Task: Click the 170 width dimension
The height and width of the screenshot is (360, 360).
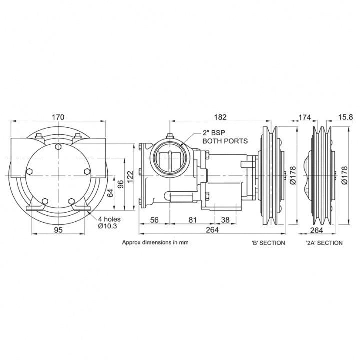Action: click(58, 117)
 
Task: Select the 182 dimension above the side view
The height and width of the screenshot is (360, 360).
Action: click(220, 117)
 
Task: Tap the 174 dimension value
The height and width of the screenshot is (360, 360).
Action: click(304, 117)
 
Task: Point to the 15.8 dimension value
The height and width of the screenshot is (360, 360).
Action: click(345, 117)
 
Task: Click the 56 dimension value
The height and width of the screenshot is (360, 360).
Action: click(154, 219)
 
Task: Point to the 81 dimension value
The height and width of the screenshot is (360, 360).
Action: click(192, 219)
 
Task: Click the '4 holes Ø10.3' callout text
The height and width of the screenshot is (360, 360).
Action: click(108, 223)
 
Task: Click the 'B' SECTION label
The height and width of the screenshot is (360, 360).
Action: click(268, 243)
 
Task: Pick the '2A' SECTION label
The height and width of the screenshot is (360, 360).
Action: click(324, 243)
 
